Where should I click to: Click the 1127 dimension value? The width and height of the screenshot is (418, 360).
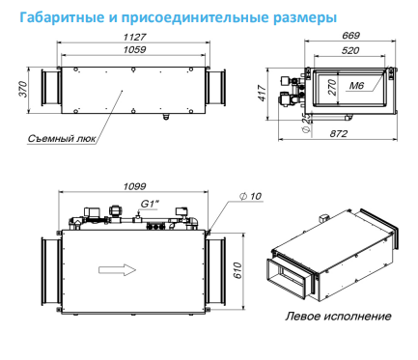[134, 37]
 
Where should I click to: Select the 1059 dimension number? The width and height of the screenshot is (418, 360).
[134, 49]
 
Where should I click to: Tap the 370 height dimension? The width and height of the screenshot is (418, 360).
[23, 89]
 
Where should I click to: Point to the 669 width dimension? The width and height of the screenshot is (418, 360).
[350, 36]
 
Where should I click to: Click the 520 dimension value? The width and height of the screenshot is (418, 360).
[350, 50]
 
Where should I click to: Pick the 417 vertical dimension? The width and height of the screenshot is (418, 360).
[263, 94]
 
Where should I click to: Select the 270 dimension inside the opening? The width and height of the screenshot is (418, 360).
[332, 87]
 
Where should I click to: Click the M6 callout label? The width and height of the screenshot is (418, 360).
[356, 85]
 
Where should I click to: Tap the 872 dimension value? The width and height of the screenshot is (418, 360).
[339, 133]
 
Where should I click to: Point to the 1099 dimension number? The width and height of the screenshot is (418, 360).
[134, 186]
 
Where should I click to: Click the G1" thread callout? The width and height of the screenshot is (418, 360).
[150, 204]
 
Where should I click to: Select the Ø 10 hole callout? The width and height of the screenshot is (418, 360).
[251, 196]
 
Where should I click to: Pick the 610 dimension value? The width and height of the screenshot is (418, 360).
[237, 270]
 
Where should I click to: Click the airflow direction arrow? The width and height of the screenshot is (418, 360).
[118, 269]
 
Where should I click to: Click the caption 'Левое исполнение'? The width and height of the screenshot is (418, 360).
[338, 316]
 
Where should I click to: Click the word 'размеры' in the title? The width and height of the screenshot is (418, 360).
[305, 18]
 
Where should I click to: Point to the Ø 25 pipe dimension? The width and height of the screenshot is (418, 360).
[307, 123]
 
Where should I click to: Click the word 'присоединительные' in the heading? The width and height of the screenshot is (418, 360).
[196, 18]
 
